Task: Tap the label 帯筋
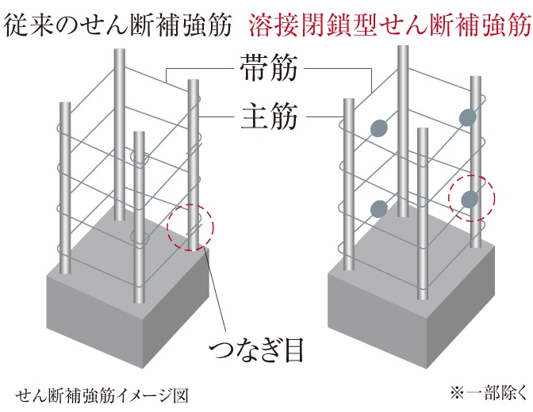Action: (269, 68)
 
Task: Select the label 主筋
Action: (269, 116)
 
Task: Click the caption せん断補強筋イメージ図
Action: (102, 395)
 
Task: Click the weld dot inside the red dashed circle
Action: (470, 199)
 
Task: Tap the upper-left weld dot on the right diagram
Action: (379, 128)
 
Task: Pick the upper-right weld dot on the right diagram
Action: (468, 117)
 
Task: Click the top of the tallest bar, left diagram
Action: (120, 50)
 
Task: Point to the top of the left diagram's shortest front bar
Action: (139, 132)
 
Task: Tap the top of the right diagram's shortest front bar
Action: (422, 129)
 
